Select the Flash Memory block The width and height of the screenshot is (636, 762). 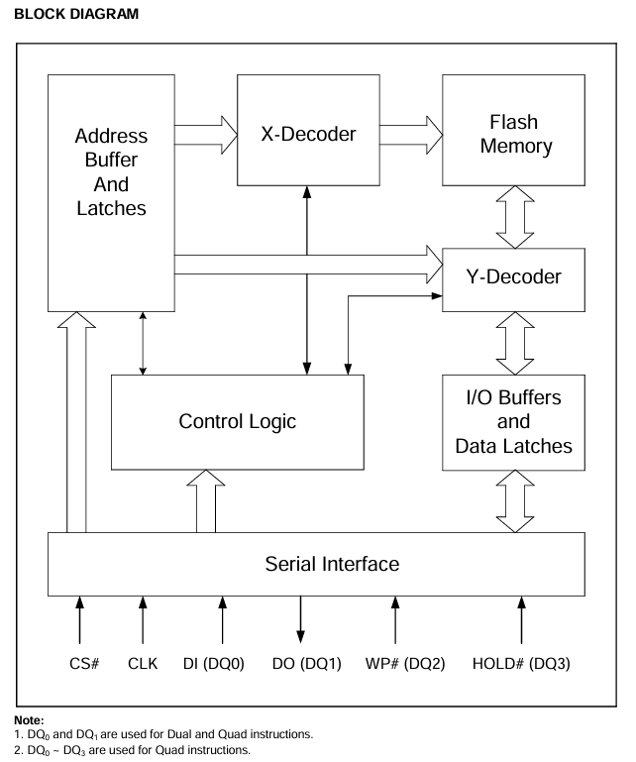pos(513,132)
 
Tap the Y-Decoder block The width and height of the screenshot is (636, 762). pos(513,276)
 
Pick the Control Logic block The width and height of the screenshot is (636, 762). pos(237,421)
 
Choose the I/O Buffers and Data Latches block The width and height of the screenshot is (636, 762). pos(513,421)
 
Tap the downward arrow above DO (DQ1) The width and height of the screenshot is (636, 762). pos(301,620)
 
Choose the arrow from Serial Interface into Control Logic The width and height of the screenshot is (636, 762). pos(206,500)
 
